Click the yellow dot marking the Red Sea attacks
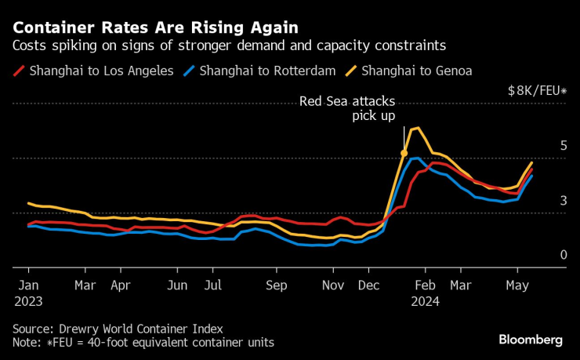pyautogui.click(x=404, y=153)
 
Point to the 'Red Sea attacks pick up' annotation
pyautogui.click(x=347, y=108)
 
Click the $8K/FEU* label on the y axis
pyautogui.click(x=537, y=90)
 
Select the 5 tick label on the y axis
pyautogui.click(x=563, y=145)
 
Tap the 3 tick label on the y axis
pyautogui.click(x=563, y=201)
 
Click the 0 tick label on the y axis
pyautogui.click(x=563, y=255)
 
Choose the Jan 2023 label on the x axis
pyautogui.click(x=27, y=293)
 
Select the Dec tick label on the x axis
pyautogui.click(x=368, y=285)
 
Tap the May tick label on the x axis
pyautogui.click(x=516, y=285)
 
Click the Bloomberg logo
pyautogui.click(x=531, y=340)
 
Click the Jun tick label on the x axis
pyautogui.click(x=178, y=285)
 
